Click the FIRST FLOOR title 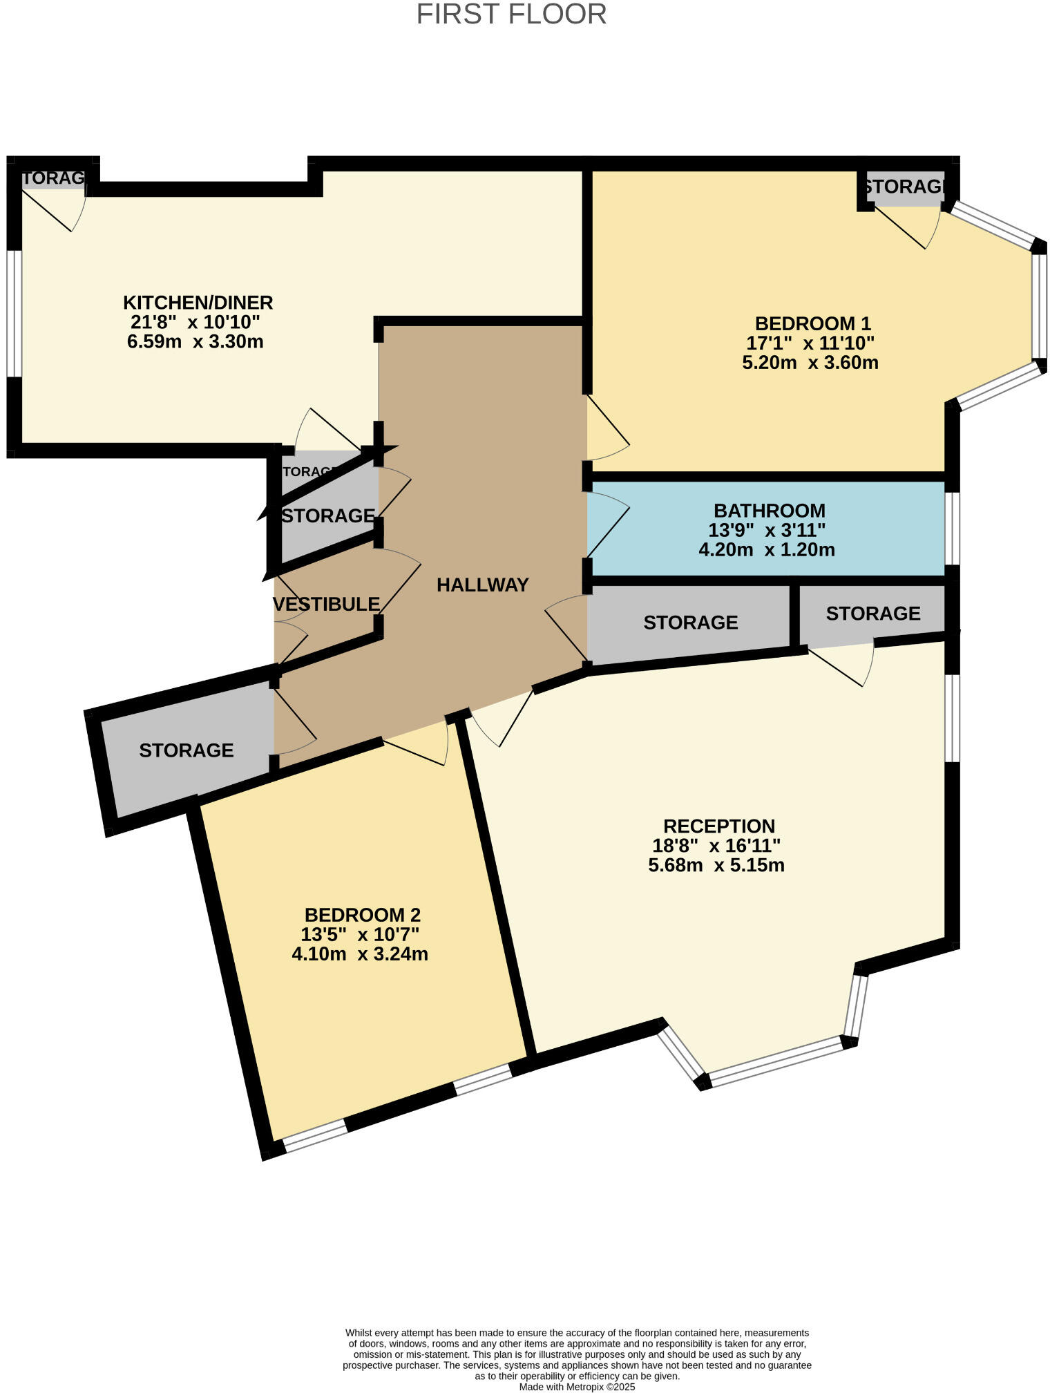pyautogui.click(x=511, y=15)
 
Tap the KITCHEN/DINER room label pyautogui.click(x=198, y=303)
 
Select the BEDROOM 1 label pyautogui.click(x=812, y=323)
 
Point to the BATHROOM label pyautogui.click(x=769, y=511)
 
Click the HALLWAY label pyautogui.click(x=482, y=585)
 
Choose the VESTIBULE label pyautogui.click(x=326, y=605)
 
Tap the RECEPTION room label pyautogui.click(x=718, y=826)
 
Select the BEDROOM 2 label pyautogui.click(x=362, y=915)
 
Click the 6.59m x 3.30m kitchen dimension pyautogui.click(x=195, y=341)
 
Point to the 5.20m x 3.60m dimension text pyautogui.click(x=810, y=363)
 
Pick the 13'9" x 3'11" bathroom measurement pyautogui.click(x=767, y=531)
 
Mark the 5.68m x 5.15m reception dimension pyautogui.click(x=716, y=865)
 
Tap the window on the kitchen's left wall pyautogui.click(x=15, y=313)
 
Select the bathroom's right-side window pyautogui.click(x=952, y=529)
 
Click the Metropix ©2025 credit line pyautogui.click(x=577, y=1387)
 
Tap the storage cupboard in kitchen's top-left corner pyautogui.click(x=53, y=179)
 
